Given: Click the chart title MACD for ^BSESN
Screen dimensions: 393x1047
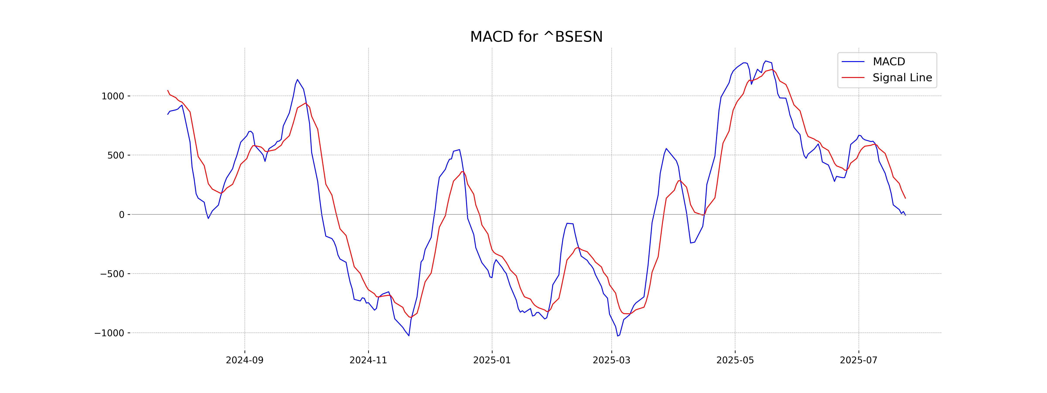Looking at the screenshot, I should point(536,37).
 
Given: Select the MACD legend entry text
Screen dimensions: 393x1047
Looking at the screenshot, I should point(889,62).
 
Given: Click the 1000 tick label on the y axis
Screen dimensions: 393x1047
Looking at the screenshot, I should point(113,97).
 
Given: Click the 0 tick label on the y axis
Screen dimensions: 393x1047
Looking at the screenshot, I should point(121,215).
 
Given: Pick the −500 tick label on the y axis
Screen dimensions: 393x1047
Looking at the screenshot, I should point(112,274).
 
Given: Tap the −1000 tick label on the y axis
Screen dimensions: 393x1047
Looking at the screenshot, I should point(109,333).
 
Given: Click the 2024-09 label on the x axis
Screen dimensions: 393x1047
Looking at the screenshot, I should point(245,360).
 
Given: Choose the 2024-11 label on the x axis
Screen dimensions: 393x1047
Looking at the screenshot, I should point(368,360).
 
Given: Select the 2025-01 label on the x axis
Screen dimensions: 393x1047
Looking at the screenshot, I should point(492,360).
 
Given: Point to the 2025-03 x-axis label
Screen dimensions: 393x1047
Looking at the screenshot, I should point(611,360).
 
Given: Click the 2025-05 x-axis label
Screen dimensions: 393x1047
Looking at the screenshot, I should point(735,360).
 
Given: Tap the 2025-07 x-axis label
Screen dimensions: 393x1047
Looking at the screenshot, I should point(858,360).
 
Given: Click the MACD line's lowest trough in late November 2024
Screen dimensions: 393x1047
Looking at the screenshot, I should point(409,336).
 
